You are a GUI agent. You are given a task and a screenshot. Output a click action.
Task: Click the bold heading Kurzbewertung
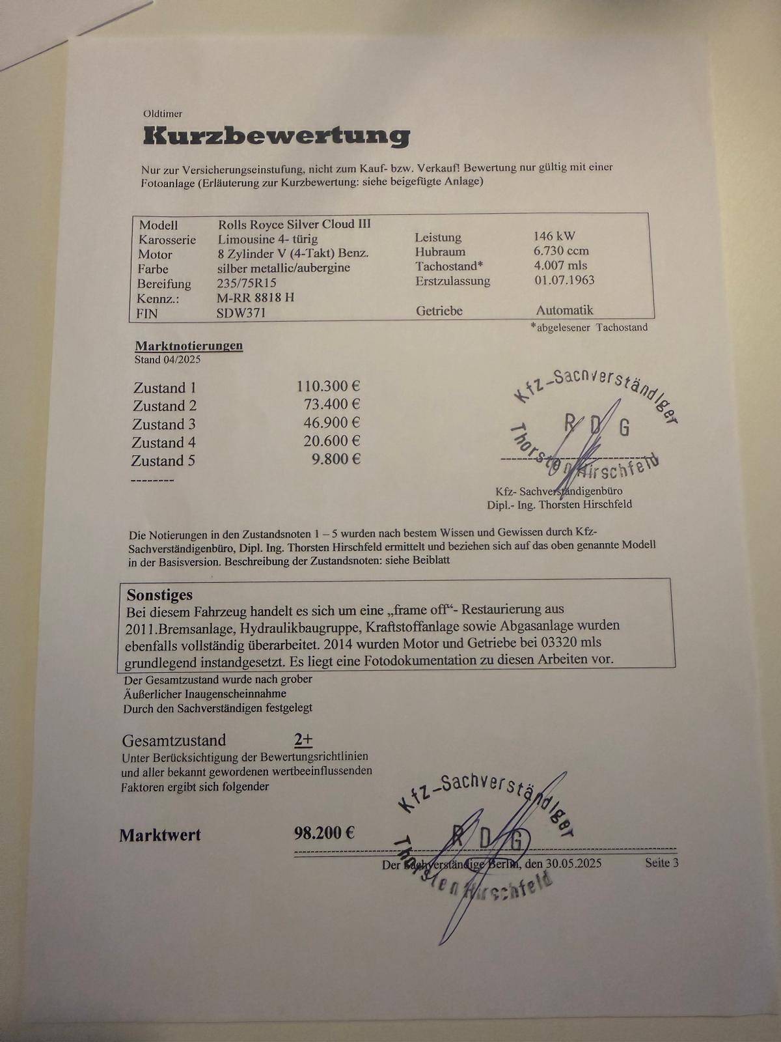point(277,135)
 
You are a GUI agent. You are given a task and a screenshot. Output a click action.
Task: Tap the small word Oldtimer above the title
point(163,114)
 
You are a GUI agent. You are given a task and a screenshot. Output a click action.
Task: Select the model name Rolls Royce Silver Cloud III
point(294,224)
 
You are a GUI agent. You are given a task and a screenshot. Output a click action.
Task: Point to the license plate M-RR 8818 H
point(256,298)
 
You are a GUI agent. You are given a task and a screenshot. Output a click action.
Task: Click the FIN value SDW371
point(241,313)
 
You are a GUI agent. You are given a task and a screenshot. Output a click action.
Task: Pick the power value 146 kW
point(554,236)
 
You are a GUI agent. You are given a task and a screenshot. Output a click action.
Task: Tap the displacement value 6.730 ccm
point(561,251)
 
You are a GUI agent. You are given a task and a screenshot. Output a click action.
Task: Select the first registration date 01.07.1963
point(564,280)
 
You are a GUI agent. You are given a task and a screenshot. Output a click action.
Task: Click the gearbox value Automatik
point(564,310)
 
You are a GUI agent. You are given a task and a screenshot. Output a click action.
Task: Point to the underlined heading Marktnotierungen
point(189,346)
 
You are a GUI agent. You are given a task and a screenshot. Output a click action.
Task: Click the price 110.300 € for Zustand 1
point(329,386)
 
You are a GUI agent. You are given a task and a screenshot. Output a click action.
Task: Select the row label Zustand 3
point(164,425)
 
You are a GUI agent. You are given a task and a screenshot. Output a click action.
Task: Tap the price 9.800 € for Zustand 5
point(336,459)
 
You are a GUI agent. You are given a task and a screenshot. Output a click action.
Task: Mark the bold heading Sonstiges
point(159,595)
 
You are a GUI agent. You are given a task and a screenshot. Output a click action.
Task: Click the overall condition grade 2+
point(303,740)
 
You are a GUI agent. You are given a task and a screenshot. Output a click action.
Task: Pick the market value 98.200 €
point(324,833)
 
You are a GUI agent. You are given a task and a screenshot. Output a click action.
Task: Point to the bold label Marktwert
point(160,836)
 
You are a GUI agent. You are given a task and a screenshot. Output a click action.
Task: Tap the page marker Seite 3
point(661,863)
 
